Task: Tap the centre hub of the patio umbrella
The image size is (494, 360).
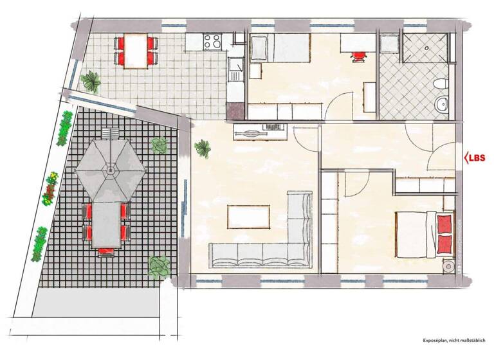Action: point(111,171)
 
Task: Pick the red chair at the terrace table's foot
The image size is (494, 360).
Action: point(106,252)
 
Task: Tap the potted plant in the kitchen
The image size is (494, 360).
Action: point(92,81)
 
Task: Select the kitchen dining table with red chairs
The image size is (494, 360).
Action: point(136,51)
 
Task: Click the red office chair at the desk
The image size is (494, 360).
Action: point(358,53)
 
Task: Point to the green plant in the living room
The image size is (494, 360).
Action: point(203,148)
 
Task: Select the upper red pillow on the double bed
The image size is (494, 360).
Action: point(443,224)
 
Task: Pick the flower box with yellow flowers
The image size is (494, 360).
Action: point(50,187)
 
